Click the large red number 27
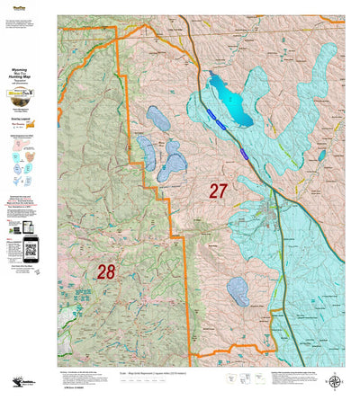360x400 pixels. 219,191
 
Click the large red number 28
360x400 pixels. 106,271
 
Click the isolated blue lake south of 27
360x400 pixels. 237,290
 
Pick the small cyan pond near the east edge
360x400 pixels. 321,156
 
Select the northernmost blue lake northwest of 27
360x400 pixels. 157,118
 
